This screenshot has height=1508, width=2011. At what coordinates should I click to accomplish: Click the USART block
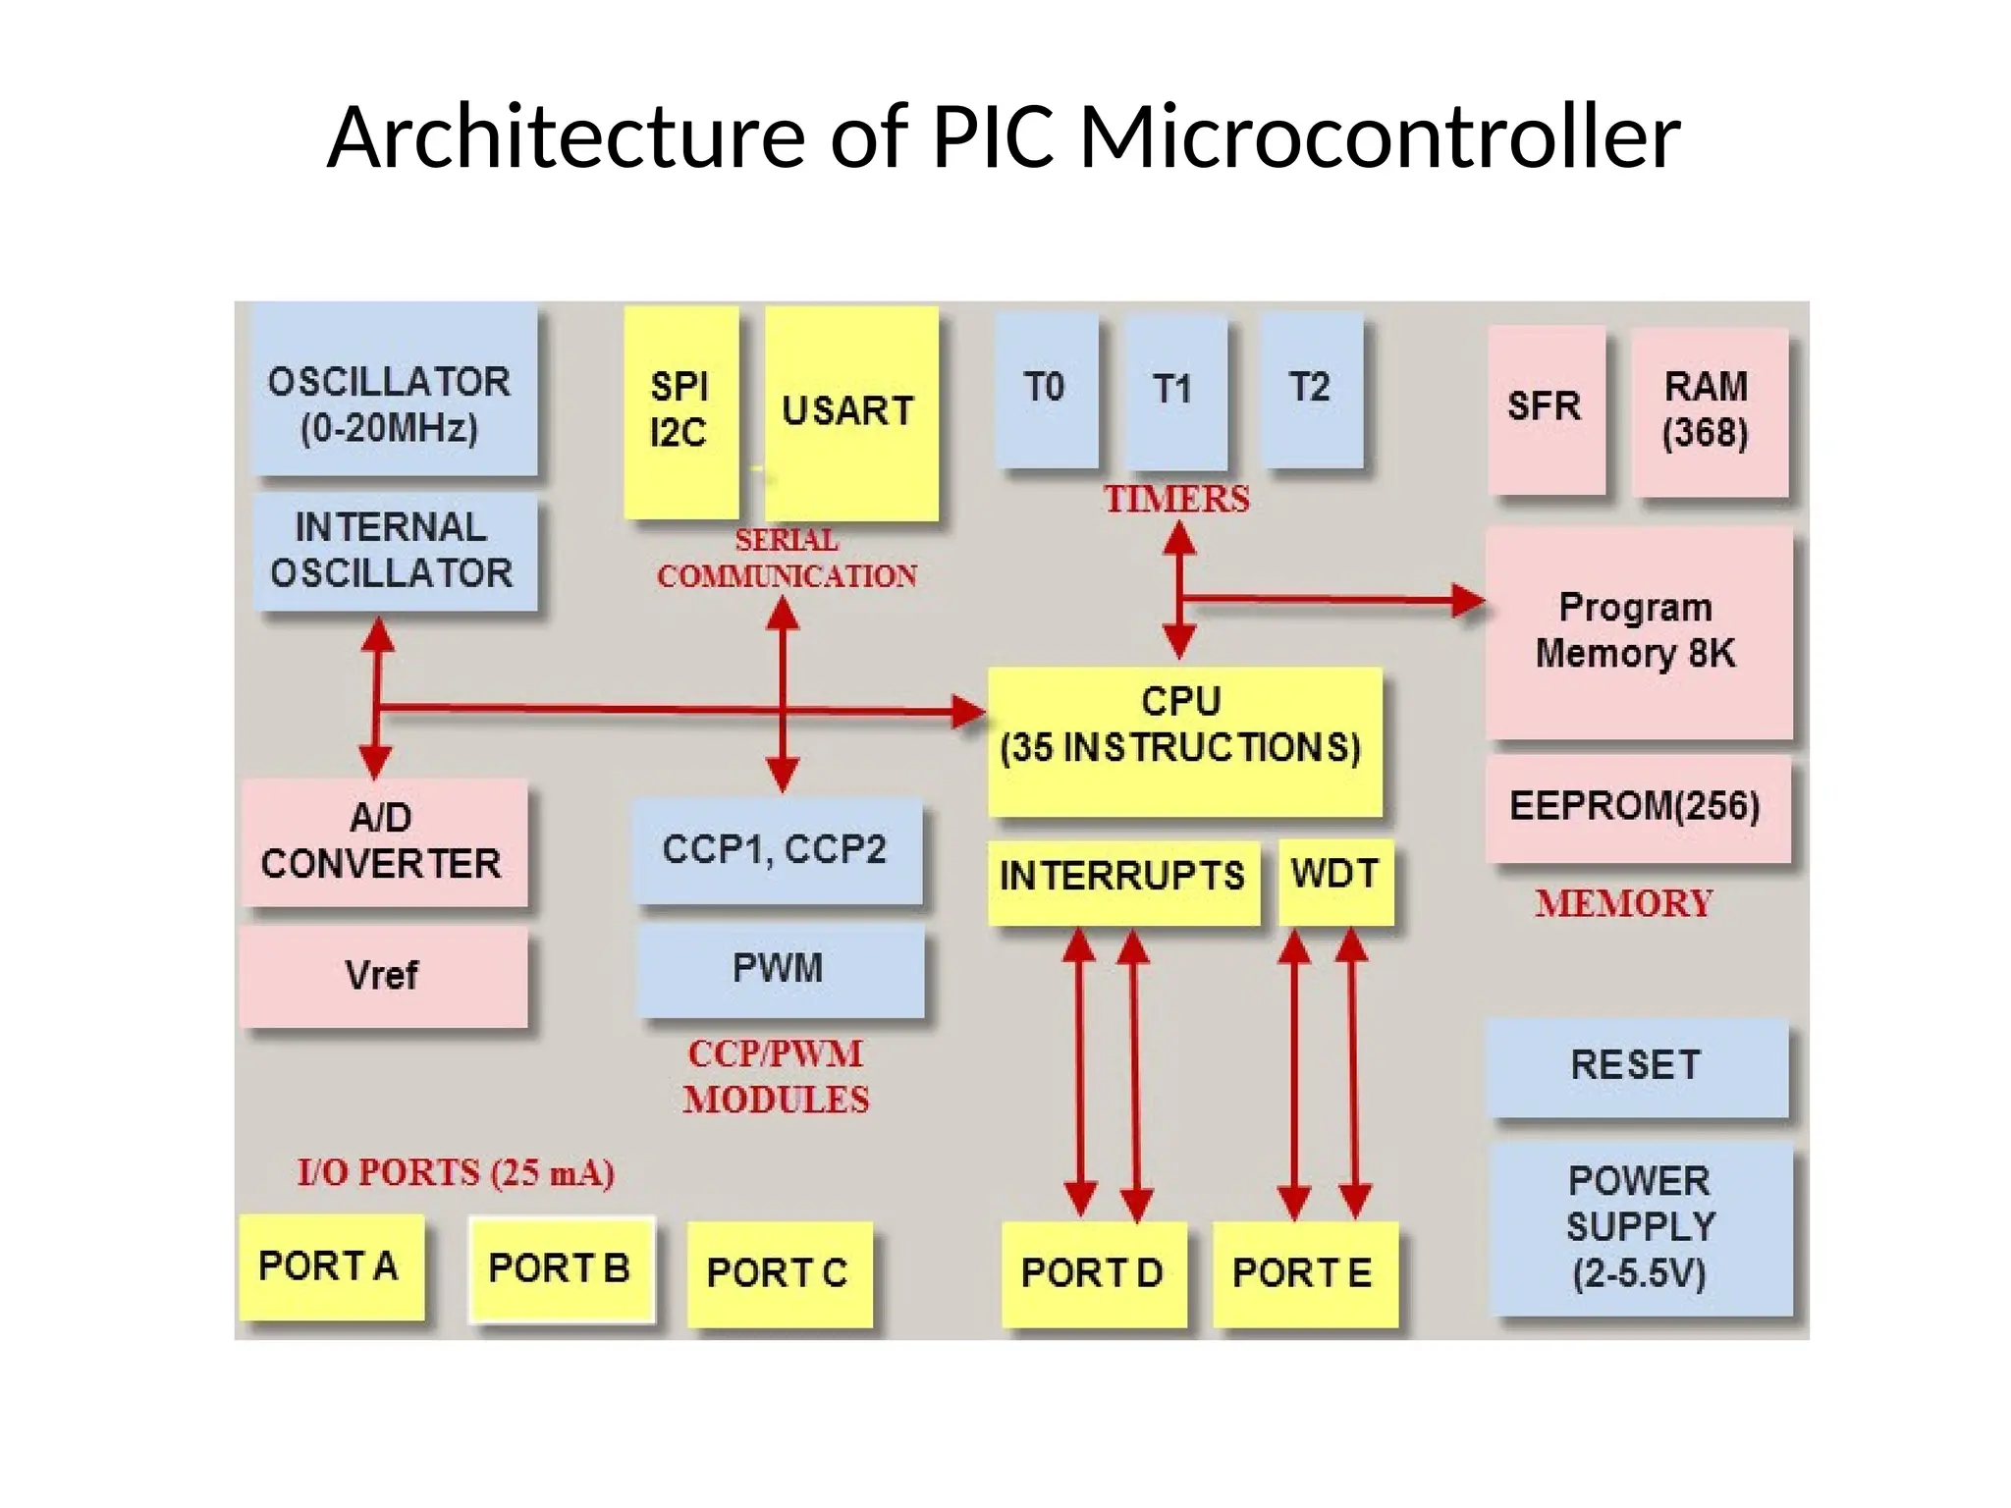pos(850,413)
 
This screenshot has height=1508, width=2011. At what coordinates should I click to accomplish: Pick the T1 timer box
pos(1175,392)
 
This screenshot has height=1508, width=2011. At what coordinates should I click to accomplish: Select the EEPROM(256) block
pos(1637,808)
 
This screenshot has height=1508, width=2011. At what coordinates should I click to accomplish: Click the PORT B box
pos(561,1269)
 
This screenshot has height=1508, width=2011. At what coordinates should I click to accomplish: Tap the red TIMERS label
pos(1176,500)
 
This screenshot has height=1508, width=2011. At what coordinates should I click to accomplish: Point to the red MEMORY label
pos(1624,904)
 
